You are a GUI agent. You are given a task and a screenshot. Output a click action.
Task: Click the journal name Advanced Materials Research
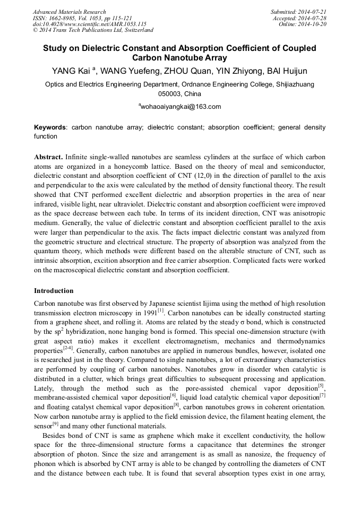(x=69, y=12)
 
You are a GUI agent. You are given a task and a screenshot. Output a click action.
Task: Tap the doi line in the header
(x=89, y=24)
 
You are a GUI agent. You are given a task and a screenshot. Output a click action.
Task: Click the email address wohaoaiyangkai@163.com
(x=179, y=107)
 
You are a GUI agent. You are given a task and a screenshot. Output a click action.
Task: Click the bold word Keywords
(x=50, y=128)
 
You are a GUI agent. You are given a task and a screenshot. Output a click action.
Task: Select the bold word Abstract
(x=49, y=158)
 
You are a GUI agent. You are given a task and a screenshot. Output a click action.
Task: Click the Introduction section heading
(x=54, y=291)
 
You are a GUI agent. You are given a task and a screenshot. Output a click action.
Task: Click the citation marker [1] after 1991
(x=160, y=310)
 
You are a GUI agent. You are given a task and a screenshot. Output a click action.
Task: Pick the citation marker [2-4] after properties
(x=68, y=348)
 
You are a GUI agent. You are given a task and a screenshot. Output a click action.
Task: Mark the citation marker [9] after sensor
(x=55, y=425)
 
